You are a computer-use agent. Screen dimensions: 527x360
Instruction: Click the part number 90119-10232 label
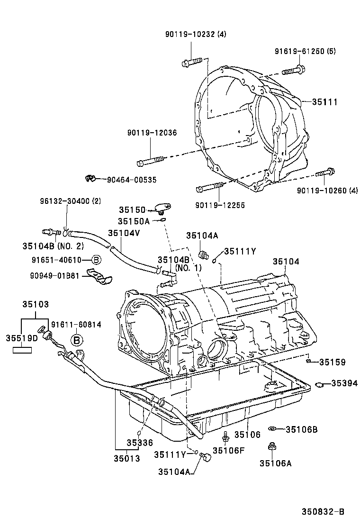click(x=196, y=34)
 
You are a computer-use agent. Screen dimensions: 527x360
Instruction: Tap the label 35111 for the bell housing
click(x=324, y=101)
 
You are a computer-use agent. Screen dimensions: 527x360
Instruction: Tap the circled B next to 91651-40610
click(x=95, y=259)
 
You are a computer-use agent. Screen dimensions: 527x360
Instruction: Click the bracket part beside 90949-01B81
click(x=99, y=278)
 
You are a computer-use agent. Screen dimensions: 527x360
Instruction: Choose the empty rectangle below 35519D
click(x=22, y=350)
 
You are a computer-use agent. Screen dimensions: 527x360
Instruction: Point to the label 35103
click(x=35, y=305)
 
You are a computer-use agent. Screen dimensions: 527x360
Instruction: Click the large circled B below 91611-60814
click(x=77, y=339)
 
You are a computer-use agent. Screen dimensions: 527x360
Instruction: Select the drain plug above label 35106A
click(x=272, y=446)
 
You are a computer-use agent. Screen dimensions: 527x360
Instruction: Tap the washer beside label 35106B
click(x=272, y=429)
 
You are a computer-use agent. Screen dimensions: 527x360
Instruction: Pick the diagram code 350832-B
click(x=323, y=511)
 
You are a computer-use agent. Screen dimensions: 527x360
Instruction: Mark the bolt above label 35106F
click(x=226, y=436)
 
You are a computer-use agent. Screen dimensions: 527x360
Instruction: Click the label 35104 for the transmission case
click(x=286, y=262)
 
